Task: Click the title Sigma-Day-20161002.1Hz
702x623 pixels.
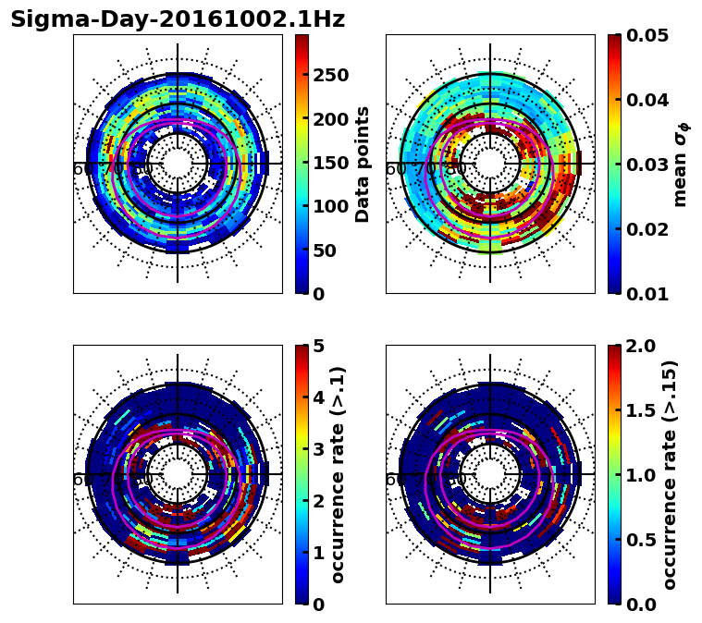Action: pos(177,20)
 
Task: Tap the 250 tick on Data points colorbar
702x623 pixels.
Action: pos(330,76)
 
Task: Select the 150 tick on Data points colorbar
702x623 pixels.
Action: pos(330,163)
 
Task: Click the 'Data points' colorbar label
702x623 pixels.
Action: pos(363,164)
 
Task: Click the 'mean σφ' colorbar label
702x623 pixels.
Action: pos(681,165)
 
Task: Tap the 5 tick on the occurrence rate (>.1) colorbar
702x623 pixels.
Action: pos(318,346)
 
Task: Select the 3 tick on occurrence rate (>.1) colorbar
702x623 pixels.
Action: pos(318,449)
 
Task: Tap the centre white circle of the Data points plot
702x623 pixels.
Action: pos(178,164)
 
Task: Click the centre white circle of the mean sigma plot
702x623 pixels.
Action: pos(490,164)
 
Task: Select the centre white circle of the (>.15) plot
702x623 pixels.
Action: pos(490,474)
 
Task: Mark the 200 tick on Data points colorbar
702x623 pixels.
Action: pos(330,119)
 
